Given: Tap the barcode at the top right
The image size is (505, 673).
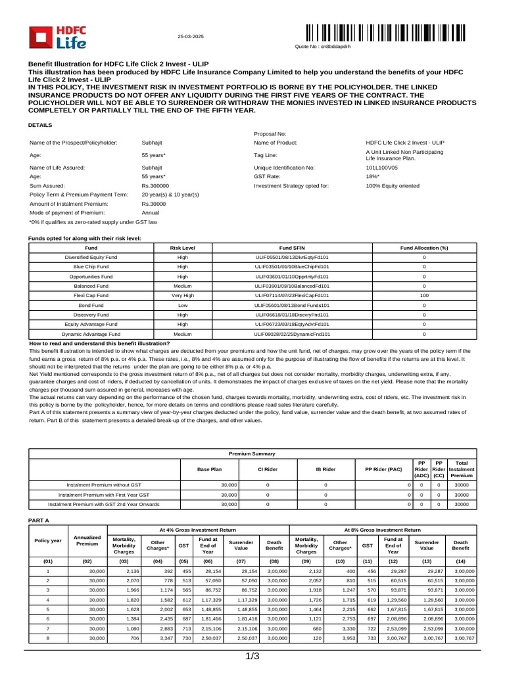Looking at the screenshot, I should click(385, 33).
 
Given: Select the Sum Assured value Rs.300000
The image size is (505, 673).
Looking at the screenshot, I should click(155, 186).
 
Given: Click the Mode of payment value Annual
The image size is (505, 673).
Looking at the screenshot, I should click(151, 212).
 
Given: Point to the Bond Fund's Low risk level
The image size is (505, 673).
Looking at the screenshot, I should click(182, 305).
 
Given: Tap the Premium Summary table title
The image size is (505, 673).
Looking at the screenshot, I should click(252, 453).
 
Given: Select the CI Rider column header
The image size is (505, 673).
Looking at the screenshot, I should click(267, 470).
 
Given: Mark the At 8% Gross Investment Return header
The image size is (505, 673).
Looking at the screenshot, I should click(382, 529).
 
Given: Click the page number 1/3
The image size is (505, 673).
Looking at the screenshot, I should click(253, 657).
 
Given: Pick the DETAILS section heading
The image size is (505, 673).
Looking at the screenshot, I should click(39, 125).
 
